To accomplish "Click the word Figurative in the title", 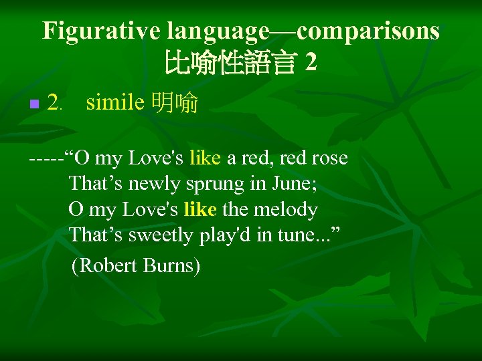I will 102,31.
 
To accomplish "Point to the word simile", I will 115,102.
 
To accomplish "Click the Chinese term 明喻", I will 175,103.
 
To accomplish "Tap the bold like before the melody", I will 199,209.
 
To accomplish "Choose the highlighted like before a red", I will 205,158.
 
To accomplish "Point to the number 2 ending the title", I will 311,63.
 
